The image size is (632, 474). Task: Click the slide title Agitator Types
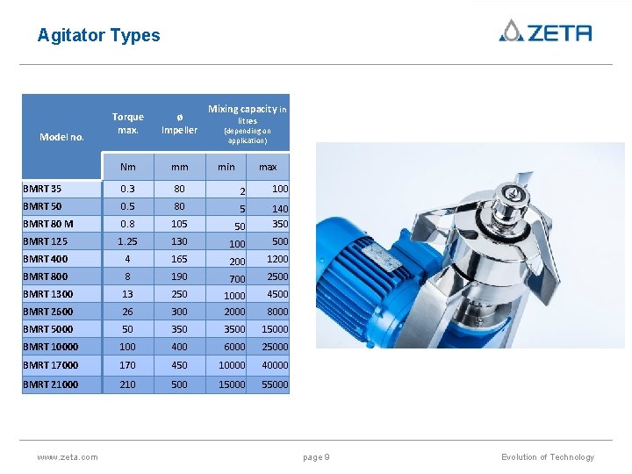[x=98, y=36]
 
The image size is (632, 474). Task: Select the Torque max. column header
[x=127, y=124]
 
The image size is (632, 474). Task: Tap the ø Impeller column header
[x=179, y=124]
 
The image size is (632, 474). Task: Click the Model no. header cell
[x=62, y=136]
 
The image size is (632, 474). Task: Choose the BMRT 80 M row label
[x=48, y=224]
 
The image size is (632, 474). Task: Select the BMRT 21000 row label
[x=50, y=384]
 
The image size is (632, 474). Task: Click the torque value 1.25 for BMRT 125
[x=128, y=241]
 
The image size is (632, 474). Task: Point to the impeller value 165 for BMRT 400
[x=179, y=259]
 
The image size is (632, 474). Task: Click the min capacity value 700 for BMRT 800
[x=237, y=279]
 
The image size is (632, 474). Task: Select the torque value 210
[x=128, y=384]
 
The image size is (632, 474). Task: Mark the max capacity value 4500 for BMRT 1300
[x=276, y=294]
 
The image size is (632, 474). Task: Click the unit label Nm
[x=128, y=167]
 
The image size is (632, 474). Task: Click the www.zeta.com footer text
[x=68, y=457]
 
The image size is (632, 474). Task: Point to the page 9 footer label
[x=316, y=457]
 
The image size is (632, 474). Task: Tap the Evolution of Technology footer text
[x=547, y=457]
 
